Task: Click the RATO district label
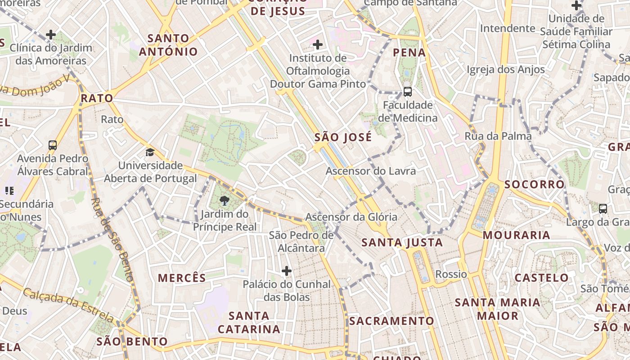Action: (97, 99)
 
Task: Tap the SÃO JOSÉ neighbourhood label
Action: (343, 137)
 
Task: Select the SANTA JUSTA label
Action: (402, 243)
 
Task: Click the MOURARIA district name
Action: (517, 235)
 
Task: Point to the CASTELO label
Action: (542, 278)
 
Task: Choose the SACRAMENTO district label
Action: (391, 321)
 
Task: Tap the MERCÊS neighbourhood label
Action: (182, 278)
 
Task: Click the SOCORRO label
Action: (534, 184)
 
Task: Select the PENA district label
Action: (409, 53)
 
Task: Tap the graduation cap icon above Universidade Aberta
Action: (150, 153)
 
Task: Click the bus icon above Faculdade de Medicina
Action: (408, 92)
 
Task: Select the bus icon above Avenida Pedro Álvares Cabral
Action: (53, 145)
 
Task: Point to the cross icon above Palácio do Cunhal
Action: (287, 271)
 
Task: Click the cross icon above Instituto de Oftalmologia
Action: (318, 45)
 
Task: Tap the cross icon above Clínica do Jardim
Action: (51, 35)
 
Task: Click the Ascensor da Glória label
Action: (351, 217)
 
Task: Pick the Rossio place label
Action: (451, 274)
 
